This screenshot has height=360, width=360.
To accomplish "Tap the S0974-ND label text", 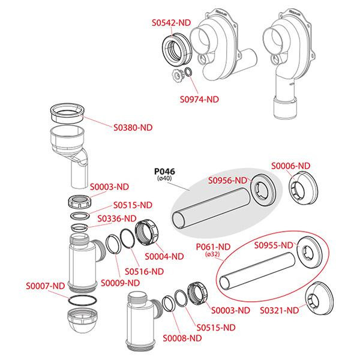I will coord(200,100).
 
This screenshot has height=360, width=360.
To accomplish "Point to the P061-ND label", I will coord(214,246).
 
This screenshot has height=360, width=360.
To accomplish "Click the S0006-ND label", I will coord(291,166).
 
